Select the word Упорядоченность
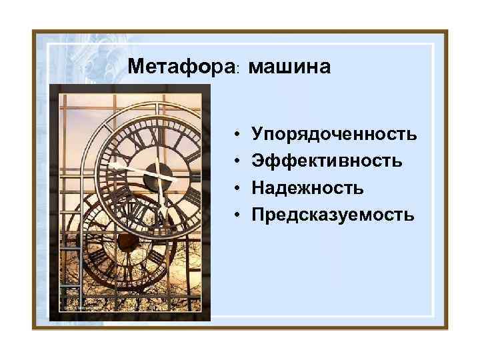tap(335, 135)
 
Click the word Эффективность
tap(327, 161)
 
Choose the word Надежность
tap(307, 188)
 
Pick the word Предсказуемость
tap(333, 215)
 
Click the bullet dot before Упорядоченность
tap(239, 135)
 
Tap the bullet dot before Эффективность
tap(239, 162)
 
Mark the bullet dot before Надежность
tap(239, 189)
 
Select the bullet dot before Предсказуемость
tap(239, 215)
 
